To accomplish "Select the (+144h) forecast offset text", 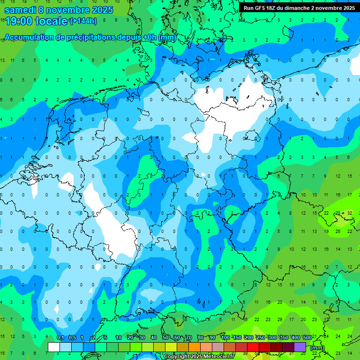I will pyautogui.click(x=83, y=21).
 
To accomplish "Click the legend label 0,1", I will pyautogui.click(x=60, y=338).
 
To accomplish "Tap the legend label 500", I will pyautogui.click(x=307, y=338).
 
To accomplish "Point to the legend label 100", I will pyautogui.click(x=225, y=338).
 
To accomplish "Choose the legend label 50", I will pyautogui.click(x=165, y=338).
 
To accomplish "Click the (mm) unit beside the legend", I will pyautogui.click(x=317, y=348).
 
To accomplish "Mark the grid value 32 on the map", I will pyautogui.click(x=350, y=213).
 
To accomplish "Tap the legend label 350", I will pyautogui.click(x=284, y=338).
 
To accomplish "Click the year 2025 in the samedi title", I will pyautogui.click(x=103, y=10).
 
